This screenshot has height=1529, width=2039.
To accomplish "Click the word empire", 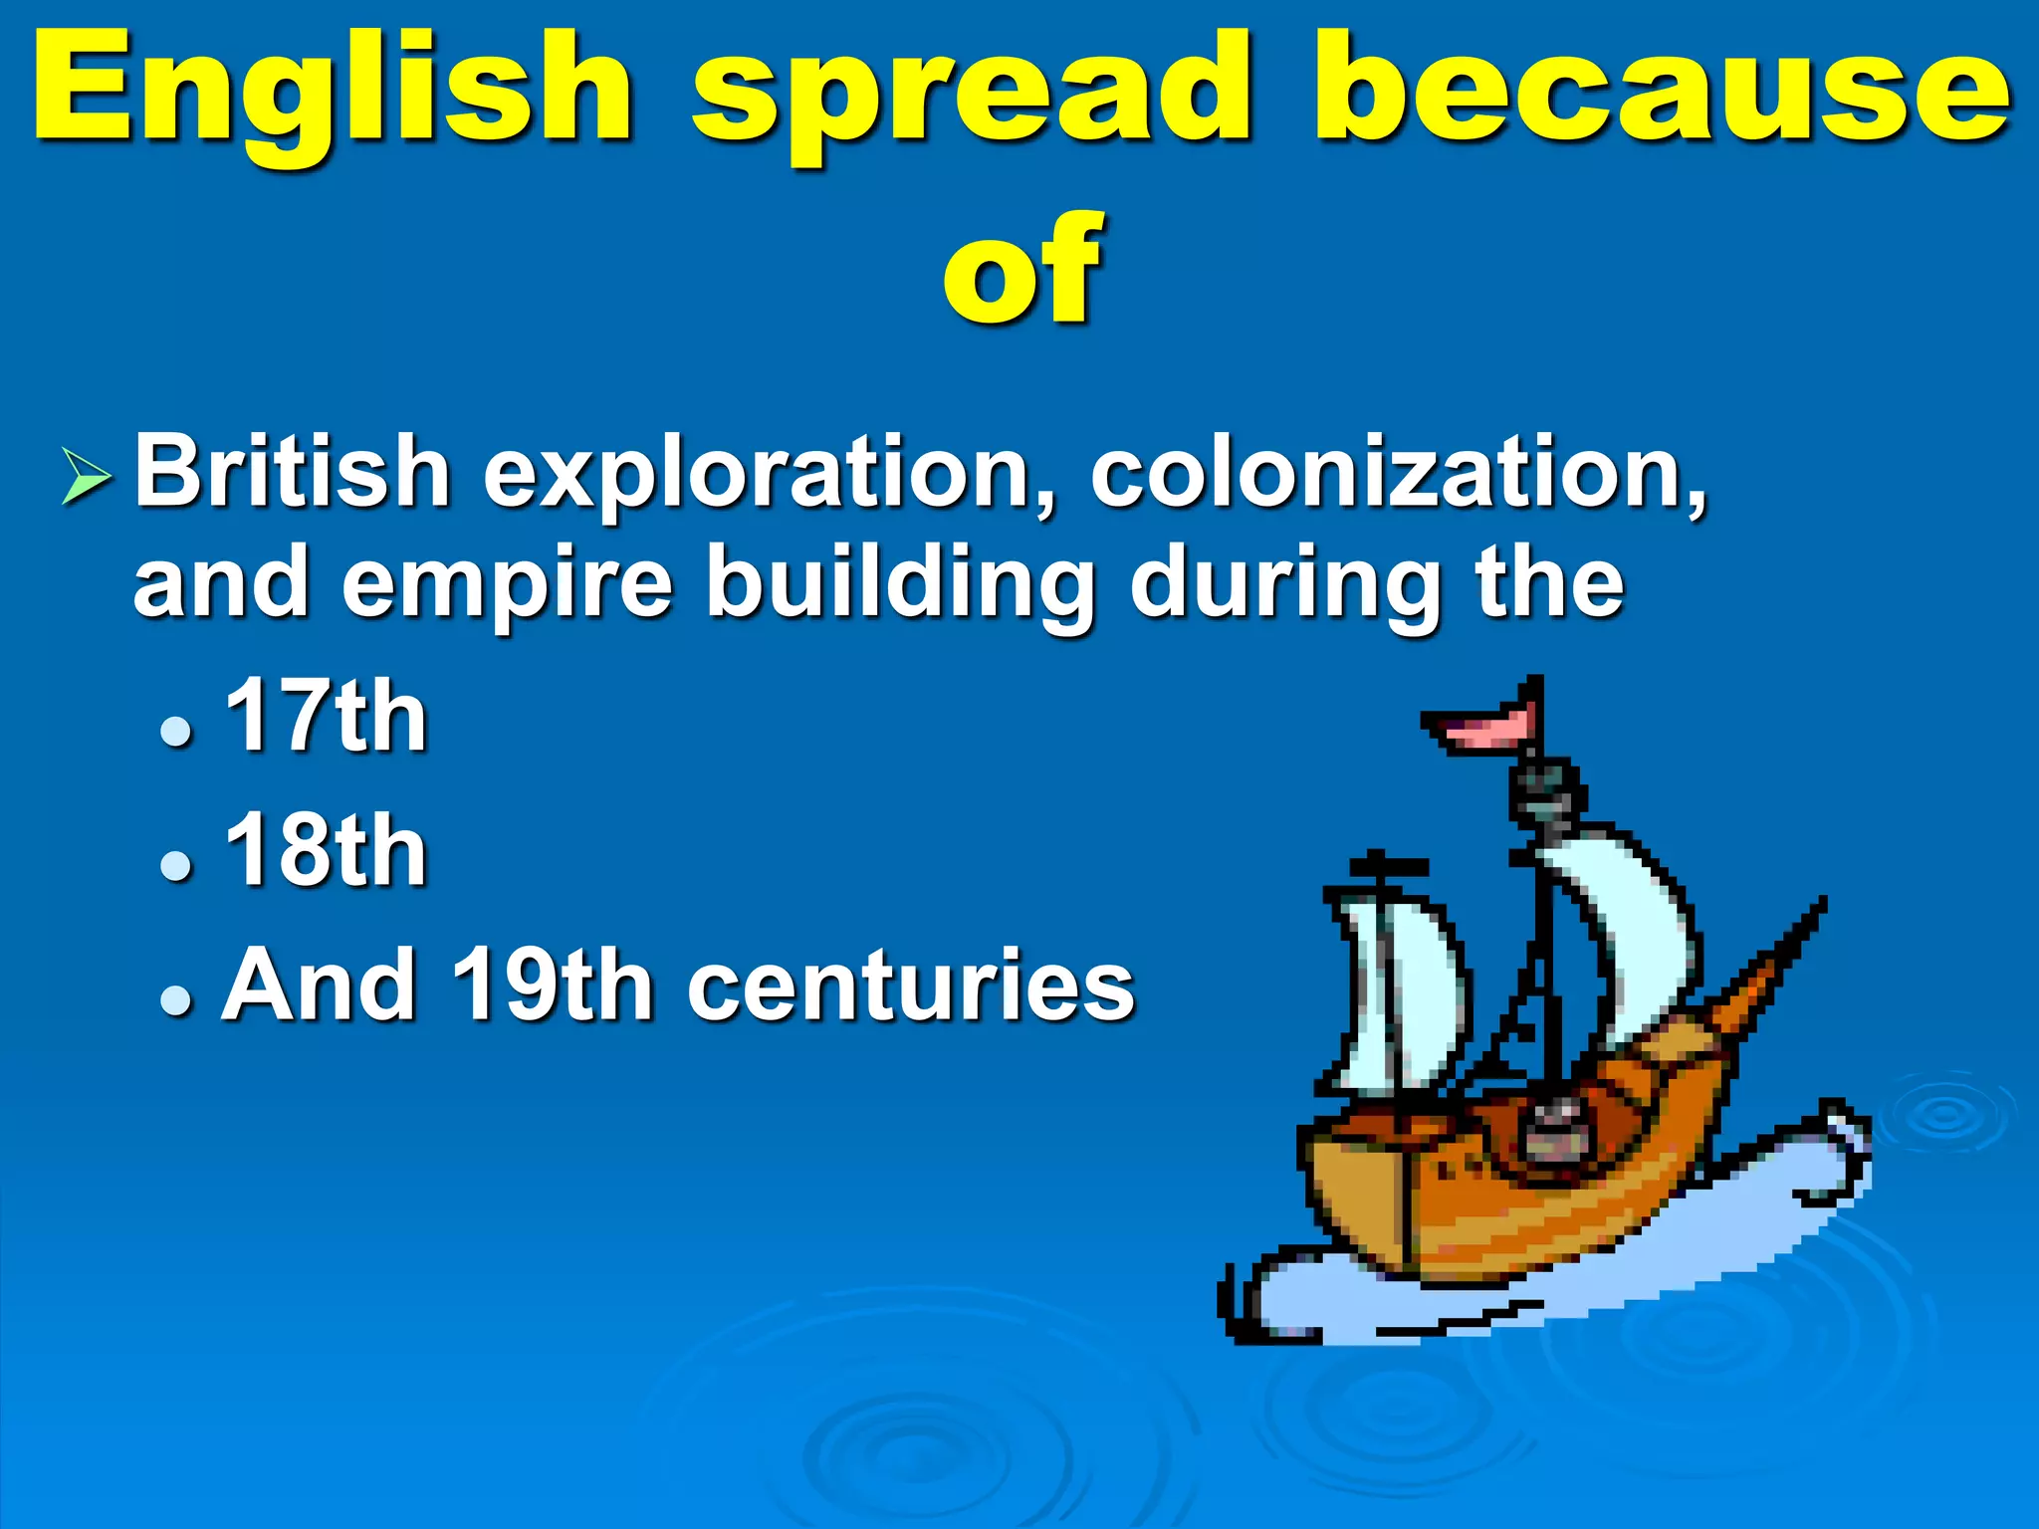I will point(507,584).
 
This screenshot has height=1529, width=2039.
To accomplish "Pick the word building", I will point(900,584).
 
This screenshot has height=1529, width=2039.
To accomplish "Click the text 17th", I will point(326,717).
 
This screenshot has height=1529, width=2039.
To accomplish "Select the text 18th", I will point(326,850).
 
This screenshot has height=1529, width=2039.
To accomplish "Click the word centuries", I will point(911,985).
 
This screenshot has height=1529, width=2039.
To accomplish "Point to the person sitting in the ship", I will point(1549,1130).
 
